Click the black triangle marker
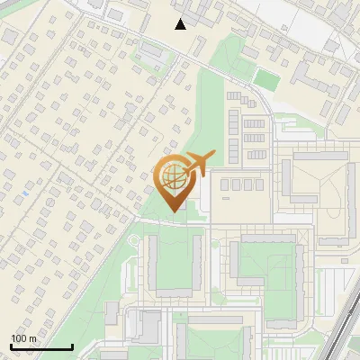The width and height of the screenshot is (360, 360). click(x=181, y=24)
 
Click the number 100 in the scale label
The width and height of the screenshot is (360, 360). click(x=20, y=338)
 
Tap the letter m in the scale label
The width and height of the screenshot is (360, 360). click(x=33, y=338)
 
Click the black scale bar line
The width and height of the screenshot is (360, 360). click(x=41, y=347)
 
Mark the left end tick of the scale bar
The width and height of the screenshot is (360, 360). click(x=11, y=346)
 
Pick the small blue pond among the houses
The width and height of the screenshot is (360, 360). click(x=25, y=193)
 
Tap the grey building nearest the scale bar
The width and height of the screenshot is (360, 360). click(x=112, y=312)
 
